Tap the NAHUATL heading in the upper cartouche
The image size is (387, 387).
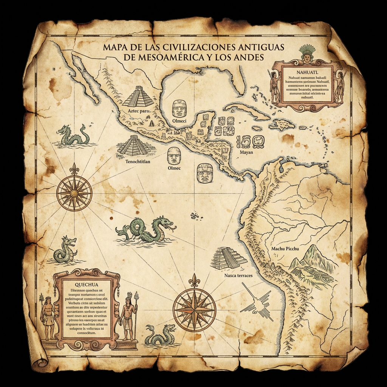click(x=307, y=71)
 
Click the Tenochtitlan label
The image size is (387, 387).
click(x=137, y=161)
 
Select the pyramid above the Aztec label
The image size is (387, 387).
click(x=138, y=96)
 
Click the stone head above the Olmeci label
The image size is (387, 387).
click(x=180, y=108)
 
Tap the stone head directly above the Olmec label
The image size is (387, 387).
click(x=174, y=155)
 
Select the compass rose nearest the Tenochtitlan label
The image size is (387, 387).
click(x=74, y=193)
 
